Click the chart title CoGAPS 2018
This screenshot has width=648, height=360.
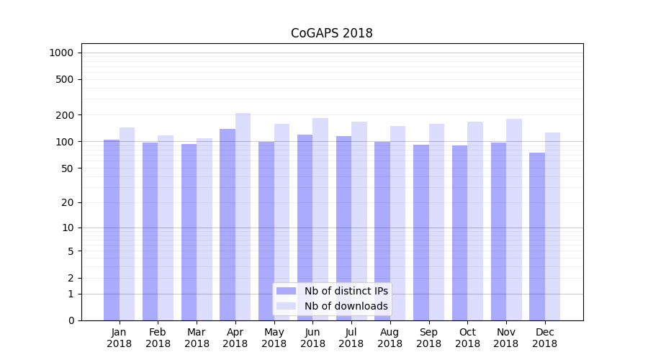(331, 33)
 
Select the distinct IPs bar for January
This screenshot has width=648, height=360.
(112, 230)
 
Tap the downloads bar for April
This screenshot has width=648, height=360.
(243, 216)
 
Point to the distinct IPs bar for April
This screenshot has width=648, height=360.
(228, 225)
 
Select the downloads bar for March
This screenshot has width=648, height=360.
(204, 229)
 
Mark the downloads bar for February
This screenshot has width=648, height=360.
(166, 228)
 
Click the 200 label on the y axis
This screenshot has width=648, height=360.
(66, 115)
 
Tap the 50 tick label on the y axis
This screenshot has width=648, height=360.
(68, 168)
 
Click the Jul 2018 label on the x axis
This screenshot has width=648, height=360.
(351, 338)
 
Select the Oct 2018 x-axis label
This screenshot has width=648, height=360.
(467, 338)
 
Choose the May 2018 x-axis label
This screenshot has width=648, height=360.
(274, 338)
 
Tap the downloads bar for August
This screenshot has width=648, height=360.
(398, 223)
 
